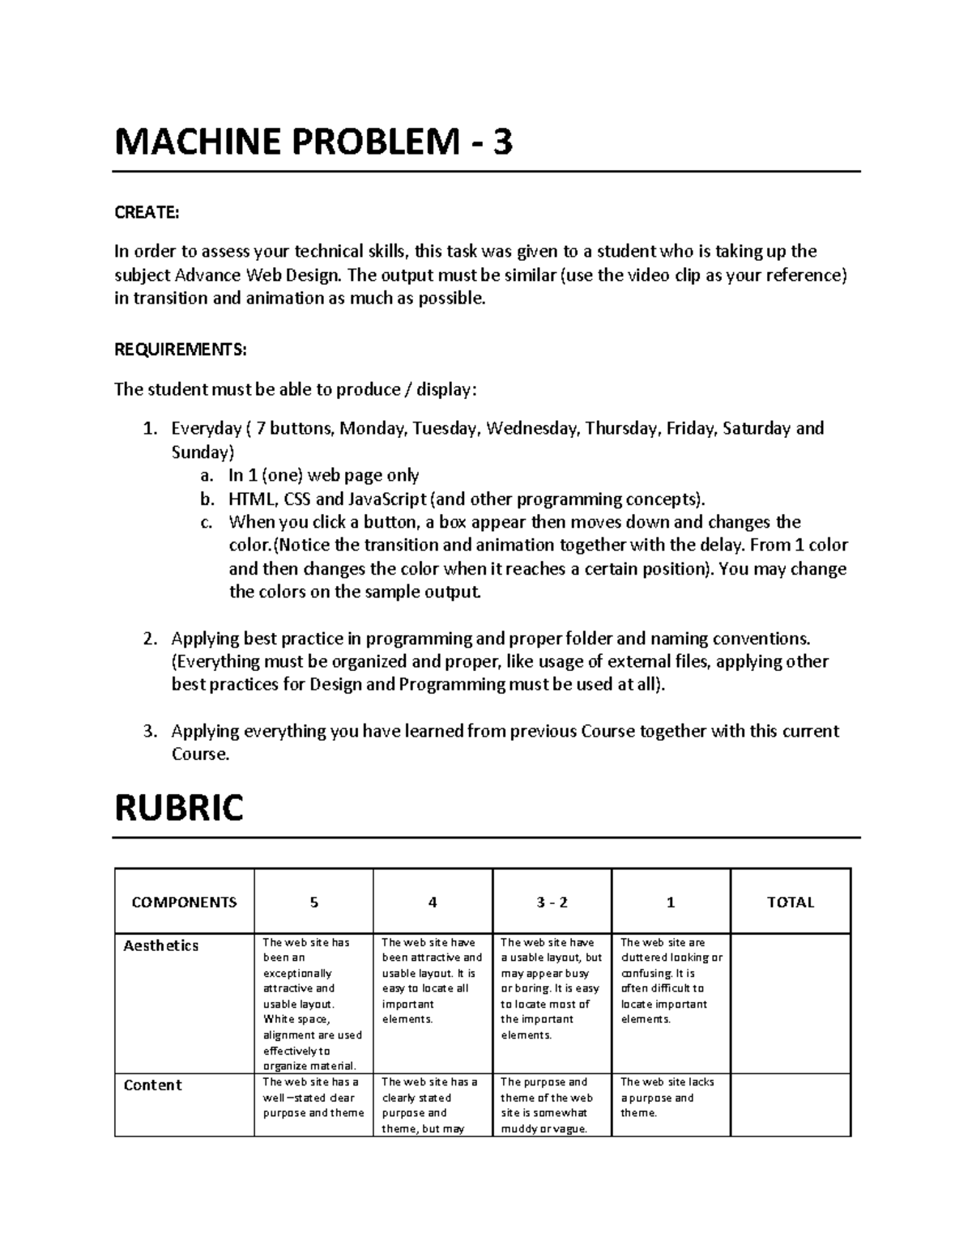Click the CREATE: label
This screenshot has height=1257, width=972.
146,212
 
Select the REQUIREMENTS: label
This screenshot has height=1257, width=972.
180,350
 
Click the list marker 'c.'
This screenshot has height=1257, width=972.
207,522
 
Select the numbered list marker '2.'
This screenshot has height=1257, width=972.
149,639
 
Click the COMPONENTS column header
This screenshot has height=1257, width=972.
184,902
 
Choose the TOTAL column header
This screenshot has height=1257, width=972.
790,902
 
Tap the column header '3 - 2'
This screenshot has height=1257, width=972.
552,902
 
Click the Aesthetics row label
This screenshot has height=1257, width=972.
160,945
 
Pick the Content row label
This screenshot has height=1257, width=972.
152,1085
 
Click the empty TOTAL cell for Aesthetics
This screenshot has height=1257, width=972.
790,1004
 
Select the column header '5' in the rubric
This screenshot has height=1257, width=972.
313,902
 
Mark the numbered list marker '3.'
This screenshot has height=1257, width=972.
149,732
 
